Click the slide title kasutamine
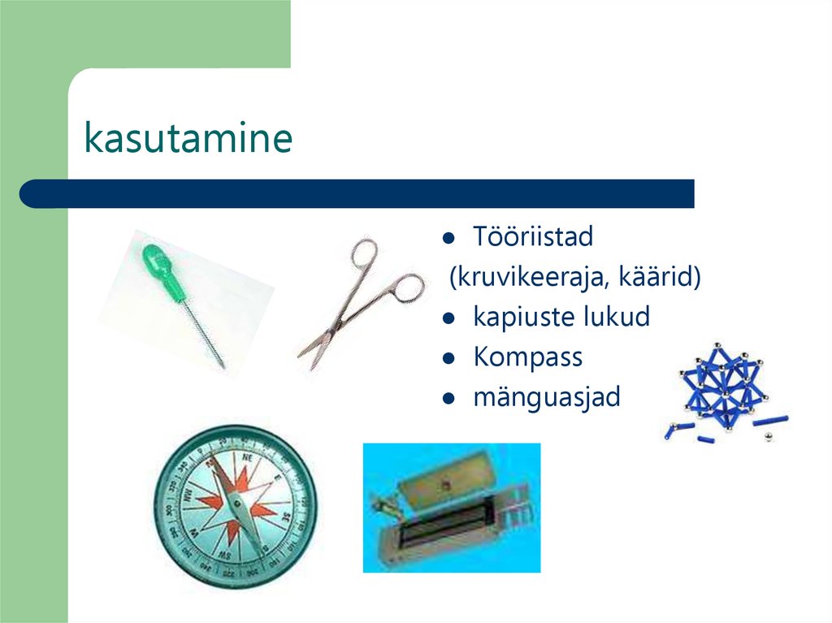coord(188,139)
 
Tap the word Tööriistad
coord(533,237)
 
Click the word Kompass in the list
coord(527,357)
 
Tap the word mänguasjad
coord(546,397)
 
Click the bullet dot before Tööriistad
coord(448,239)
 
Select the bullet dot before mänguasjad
coord(448,399)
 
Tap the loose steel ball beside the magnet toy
coord(769,439)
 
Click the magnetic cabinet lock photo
coord(451,508)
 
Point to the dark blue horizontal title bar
coord(357,193)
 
